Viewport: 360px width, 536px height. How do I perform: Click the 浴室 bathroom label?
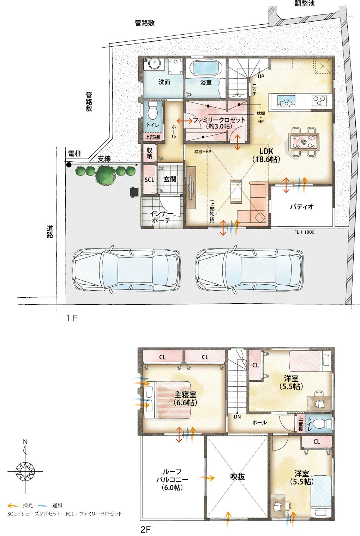[206, 83]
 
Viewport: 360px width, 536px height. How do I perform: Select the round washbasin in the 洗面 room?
[154, 64]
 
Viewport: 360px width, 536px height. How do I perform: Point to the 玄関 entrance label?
[170, 179]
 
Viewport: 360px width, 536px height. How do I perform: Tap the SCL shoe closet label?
[149, 180]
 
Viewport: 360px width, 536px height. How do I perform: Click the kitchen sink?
[286, 101]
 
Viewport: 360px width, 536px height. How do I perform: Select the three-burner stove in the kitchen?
[319, 101]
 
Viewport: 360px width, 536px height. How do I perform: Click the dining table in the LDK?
[304, 142]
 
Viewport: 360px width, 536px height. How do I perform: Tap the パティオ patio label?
[302, 206]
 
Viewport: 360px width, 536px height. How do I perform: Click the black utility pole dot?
[69, 165]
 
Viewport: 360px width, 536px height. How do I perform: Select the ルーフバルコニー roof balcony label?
[172, 480]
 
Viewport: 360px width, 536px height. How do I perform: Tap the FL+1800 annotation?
[304, 232]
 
